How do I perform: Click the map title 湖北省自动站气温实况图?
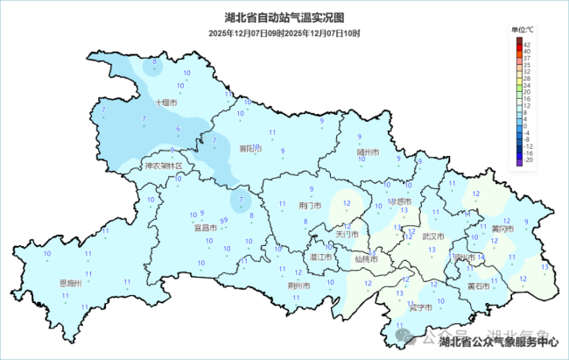pyautogui.click(x=284, y=18)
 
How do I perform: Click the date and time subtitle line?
pyautogui.click(x=284, y=32)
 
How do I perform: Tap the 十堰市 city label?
pyautogui.click(x=166, y=102)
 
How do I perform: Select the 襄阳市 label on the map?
pyautogui.click(x=250, y=149)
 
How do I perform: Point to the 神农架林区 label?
pyautogui.click(x=164, y=166)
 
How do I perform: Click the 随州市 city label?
pyautogui.click(x=368, y=152)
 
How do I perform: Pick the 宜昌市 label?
pyautogui.click(x=206, y=228)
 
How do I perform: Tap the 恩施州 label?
pyautogui.click(x=70, y=283)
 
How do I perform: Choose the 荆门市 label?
pyautogui.click(x=311, y=206)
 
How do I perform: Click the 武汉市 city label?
pyautogui.click(x=432, y=236)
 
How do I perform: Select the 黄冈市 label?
pyautogui.click(x=502, y=229)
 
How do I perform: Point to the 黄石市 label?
pyautogui.click(x=479, y=286)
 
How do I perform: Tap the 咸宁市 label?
pyautogui.click(x=420, y=307)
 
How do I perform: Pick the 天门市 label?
pyautogui.click(x=347, y=235)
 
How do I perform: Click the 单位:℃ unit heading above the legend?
pyautogui.click(x=523, y=29)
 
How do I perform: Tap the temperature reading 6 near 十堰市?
pyautogui.click(x=179, y=130)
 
